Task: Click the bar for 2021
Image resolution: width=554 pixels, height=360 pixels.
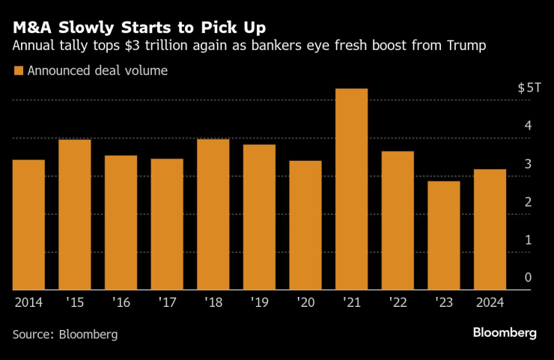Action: click(351, 189)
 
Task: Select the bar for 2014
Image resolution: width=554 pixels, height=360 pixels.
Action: click(28, 225)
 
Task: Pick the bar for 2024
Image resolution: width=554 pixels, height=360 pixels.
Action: click(490, 229)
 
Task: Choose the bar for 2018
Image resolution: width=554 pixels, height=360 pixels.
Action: click(213, 214)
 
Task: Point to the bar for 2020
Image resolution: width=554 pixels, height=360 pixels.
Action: click(305, 225)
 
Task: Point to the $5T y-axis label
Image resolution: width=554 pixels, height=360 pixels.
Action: click(529, 88)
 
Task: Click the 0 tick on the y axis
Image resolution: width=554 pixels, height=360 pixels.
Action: click(528, 278)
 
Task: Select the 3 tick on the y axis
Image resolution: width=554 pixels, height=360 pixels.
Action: click(528, 164)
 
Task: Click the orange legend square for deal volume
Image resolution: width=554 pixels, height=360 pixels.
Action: click(18, 72)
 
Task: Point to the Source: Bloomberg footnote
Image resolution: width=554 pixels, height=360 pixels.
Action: click(65, 335)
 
